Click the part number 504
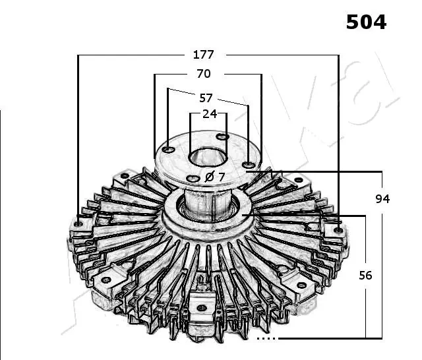click(x=367, y=22)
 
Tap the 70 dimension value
click(x=204, y=74)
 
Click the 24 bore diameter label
click(x=210, y=113)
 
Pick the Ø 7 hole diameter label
click(x=215, y=177)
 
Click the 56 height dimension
click(x=365, y=275)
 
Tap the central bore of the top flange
click(x=208, y=158)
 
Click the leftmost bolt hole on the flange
click(x=169, y=150)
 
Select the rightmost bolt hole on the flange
click(x=247, y=165)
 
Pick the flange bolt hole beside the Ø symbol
click(x=193, y=178)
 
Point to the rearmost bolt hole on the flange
click(x=223, y=136)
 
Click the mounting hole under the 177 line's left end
click(x=79, y=224)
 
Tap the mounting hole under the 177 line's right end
click(x=338, y=229)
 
